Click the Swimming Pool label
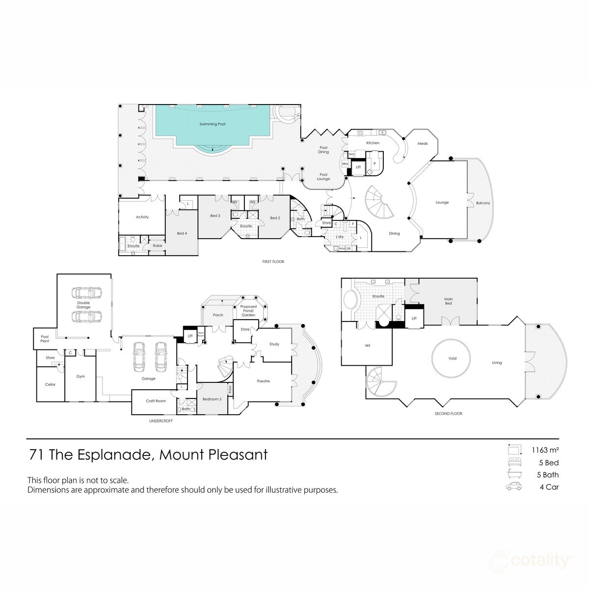[213, 124]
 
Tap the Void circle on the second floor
[452, 358]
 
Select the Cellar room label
[50, 384]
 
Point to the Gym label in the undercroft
[80, 376]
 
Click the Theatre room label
[263, 381]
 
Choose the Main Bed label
[449, 301]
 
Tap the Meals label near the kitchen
[423, 144]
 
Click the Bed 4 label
[182, 233]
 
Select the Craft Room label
[156, 401]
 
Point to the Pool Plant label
[45, 339]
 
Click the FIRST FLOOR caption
[273, 262]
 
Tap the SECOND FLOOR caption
[449, 414]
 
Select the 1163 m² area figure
[546, 450]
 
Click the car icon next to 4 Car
[513, 487]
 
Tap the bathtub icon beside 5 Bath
[513, 475]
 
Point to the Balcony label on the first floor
[482, 203]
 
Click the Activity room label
[142, 217]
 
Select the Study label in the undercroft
[274, 344]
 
